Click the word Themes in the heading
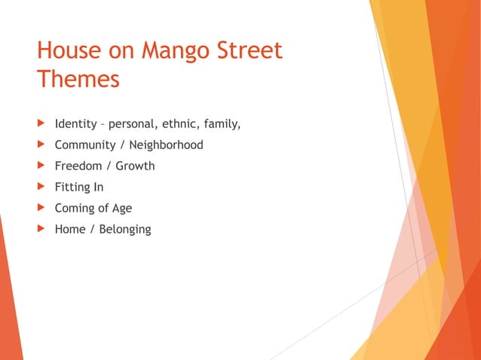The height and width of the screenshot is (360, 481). tap(78, 79)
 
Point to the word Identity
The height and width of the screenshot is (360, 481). tap(75, 124)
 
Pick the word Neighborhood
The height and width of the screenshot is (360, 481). tap(167, 145)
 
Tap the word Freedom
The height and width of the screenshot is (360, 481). tap(78, 166)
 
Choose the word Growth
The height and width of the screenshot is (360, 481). tap(135, 166)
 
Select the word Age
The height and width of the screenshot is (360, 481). tap(121, 208)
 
